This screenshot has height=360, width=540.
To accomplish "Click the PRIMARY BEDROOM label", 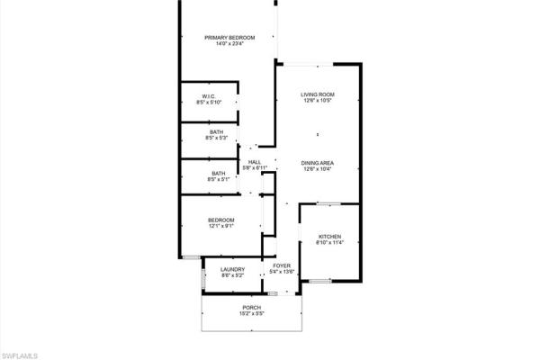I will pos(229,37).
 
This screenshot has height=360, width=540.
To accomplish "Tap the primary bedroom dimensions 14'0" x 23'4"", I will pos(229,44).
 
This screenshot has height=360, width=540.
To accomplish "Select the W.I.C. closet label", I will pos(208,96).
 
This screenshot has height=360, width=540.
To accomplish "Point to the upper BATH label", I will pos(217,132).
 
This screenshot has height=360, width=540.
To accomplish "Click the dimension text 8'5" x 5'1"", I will pos(219,180).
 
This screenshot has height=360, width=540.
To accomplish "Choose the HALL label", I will pos(255,162).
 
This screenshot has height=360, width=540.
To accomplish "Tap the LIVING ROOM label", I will pos(318,94).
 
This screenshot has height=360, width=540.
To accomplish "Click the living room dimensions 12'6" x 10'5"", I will pos(318,102).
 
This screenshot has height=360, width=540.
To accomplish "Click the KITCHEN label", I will pos(328,237).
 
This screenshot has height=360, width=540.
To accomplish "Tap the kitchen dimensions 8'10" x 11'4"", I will pos(328,244).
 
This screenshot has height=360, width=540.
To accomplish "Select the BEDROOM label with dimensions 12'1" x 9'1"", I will pos(221,220).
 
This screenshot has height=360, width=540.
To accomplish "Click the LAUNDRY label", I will pos(234,269).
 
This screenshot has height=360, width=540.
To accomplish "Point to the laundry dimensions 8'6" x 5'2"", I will pos(234,276).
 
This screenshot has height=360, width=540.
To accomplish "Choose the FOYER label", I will pos(282,265).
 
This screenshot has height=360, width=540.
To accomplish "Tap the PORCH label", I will pos(251,308).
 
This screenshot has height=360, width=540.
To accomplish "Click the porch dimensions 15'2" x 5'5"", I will pos(251,315).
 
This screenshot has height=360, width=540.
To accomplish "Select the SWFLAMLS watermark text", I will pos(20,355).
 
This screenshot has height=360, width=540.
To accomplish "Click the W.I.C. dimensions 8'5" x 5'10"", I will pos(209,103).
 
